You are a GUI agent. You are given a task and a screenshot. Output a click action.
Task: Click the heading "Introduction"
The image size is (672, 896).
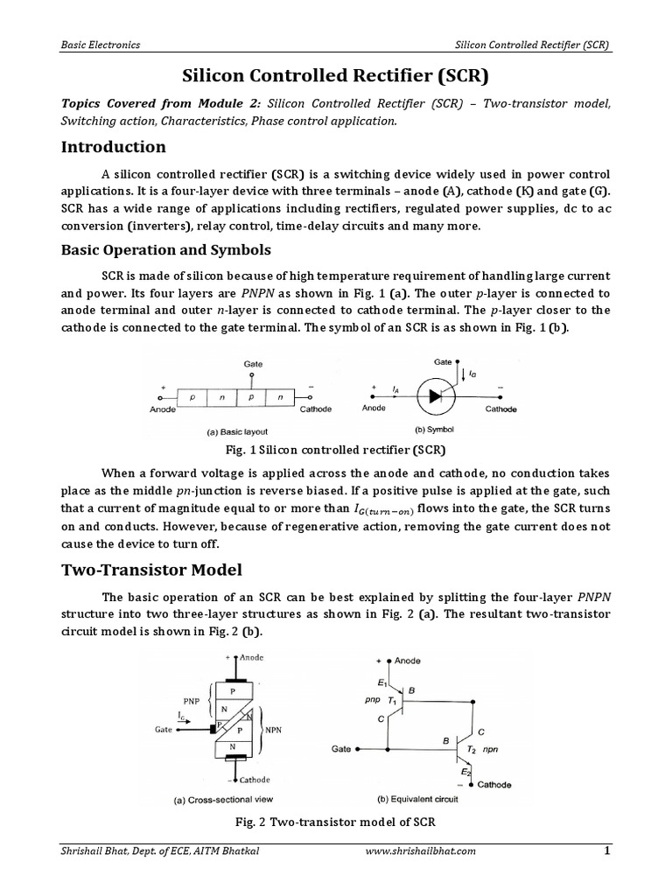pyautogui.click(x=113, y=146)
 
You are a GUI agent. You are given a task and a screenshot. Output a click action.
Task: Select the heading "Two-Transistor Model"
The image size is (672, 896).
pyautogui.click(x=150, y=570)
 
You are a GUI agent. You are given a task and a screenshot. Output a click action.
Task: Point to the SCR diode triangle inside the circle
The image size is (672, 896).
pyautogui.click(x=435, y=395)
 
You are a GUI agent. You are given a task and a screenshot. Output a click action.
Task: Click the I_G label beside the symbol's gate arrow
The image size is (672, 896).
pyautogui.click(x=473, y=374)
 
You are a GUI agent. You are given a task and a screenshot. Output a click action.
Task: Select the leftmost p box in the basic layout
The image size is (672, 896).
pyautogui.click(x=192, y=396)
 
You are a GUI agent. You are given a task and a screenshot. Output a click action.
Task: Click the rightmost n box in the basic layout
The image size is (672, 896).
pyautogui.click(x=281, y=396)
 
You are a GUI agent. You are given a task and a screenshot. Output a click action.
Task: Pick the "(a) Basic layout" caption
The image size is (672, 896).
pyautogui.click(x=213, y=431)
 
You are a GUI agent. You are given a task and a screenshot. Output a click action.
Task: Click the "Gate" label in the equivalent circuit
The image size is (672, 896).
pyautogui.click(x=343, y=750)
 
